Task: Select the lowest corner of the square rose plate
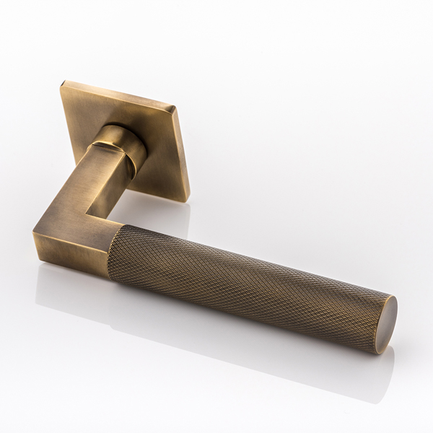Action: pyautogui.click(x=187, y=200)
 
